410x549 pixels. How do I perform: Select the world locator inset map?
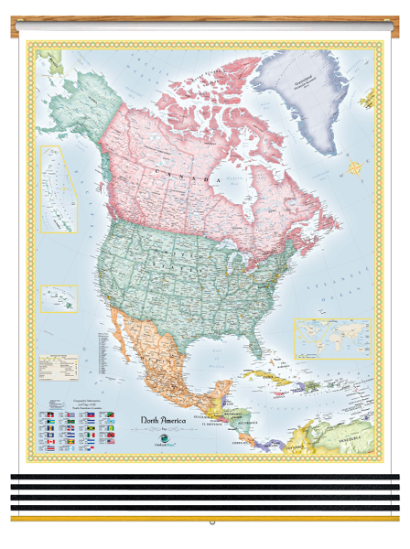(x=331, y=338)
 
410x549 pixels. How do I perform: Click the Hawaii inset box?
(x=59, y=298)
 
